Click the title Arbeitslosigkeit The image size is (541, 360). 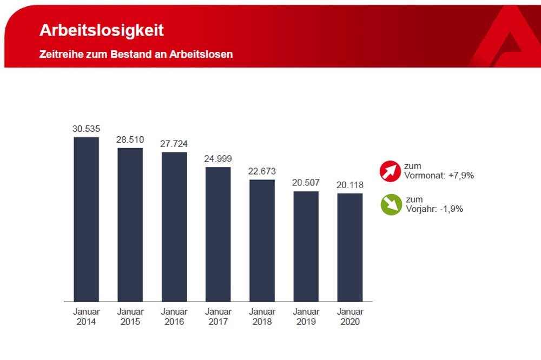click(101, 30)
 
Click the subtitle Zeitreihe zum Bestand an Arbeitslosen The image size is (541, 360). click(136, 55)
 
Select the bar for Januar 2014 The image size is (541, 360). click(87, 219)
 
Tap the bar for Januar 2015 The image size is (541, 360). click(130, 224)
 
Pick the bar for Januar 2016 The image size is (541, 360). click(174, 226)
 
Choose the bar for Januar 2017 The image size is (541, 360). click(218, 234)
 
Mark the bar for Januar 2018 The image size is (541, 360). click(262, 240)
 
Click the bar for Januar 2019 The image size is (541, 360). click(306, 246)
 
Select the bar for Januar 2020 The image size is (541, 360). click(350, 247)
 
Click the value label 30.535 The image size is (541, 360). click(87, 129)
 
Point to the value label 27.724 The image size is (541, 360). click(174, 144)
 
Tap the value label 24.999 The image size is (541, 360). click(218, 159)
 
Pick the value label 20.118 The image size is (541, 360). click(350, 185)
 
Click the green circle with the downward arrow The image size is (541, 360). click(391, 204)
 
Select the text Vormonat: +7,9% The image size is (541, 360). click(439, 175)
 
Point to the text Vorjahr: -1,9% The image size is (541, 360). click(433, 209)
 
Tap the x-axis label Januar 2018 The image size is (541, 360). click(262, 317)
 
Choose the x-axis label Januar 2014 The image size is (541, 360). click(87, 317)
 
